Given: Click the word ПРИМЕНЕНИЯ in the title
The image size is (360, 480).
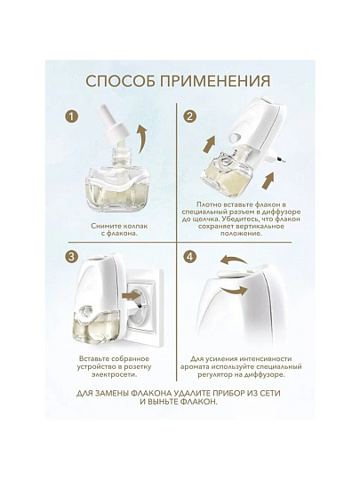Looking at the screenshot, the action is point(215,82).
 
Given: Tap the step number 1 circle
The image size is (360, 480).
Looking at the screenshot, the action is point(71,116).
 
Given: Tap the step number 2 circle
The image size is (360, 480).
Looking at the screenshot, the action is point(190,116).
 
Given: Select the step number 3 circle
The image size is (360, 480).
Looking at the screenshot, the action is point(71,257).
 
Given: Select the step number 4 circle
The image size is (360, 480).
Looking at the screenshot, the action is point(190,257).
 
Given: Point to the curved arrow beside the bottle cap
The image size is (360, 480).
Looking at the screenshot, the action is point(142,139).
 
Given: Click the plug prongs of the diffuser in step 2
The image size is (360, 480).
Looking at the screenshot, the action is point(277,157).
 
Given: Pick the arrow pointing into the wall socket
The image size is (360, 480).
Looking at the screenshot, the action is point(130,296).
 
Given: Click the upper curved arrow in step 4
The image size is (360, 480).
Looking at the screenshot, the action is point(233,261).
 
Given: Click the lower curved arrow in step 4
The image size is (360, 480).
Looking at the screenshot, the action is point(234,289).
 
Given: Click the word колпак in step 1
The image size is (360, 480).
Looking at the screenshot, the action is point(132,227).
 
